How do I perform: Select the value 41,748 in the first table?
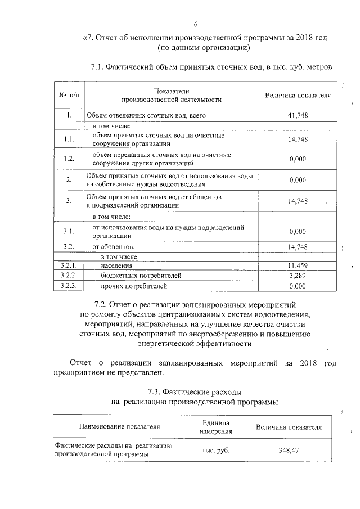click(297, 115)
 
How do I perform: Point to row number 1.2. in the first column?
click(69, 159)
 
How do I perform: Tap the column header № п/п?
click(69, 95)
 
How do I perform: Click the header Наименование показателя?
click(119, 427)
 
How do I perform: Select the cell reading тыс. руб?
click(216, 450)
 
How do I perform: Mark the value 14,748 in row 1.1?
click(297, 139)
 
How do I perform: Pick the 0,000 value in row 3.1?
click(297, 232)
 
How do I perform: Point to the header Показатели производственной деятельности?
click(171, 95)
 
